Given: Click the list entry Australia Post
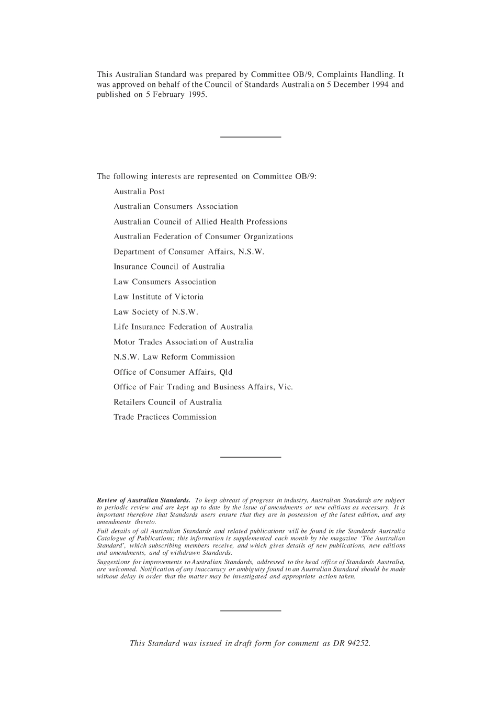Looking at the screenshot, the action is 139,192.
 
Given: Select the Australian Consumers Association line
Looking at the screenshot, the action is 176,207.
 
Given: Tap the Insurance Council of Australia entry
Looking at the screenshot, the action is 169,267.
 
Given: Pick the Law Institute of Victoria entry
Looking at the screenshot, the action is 159,297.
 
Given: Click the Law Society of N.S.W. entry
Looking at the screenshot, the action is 156,312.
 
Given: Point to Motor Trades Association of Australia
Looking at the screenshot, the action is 183,342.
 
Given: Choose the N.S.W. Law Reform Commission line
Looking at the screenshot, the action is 174,357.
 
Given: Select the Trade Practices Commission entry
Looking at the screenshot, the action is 165,417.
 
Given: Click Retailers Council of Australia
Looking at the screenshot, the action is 167,403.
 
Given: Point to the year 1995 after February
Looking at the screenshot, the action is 197,95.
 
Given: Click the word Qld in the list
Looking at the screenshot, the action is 226,372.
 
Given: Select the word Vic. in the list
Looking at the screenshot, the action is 286,387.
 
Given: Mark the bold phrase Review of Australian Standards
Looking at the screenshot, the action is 143,500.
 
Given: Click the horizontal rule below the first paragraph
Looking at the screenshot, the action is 251,137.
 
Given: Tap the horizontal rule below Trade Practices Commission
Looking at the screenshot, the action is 251,457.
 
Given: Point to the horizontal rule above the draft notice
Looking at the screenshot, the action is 251,610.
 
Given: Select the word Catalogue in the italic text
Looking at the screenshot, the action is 112,539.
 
